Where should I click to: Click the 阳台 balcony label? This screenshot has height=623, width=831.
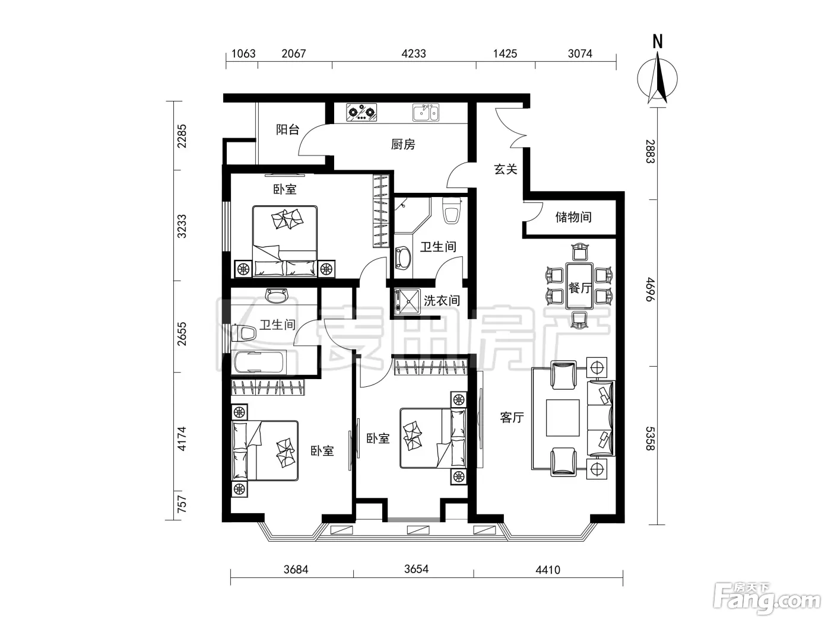[x=287, y=130]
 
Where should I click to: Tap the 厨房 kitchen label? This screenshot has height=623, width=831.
[x=403, y=144]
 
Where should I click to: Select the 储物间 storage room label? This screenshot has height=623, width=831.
[x=573, y=217]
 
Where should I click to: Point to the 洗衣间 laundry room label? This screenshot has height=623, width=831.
[x=442, y=301]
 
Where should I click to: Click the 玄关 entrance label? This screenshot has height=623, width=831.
[x=505, y=169]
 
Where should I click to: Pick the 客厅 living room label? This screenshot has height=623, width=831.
[x=512, y=418]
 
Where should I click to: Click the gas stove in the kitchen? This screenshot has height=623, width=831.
[x=361, y=112]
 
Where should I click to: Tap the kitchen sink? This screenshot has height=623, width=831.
[x=426, y=112]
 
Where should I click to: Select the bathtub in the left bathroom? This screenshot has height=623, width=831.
[x=260, y=362]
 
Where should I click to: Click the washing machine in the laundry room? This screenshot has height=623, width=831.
[x=407, y=301]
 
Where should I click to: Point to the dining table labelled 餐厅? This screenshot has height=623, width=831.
[x=579, y=287]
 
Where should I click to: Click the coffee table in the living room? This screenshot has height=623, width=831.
[x=563, y=418]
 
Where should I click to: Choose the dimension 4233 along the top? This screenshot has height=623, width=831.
[x=413, y=54]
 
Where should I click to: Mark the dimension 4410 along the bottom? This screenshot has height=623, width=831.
[x=548, y=570]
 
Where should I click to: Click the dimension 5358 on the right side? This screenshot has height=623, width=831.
[x=649, y=439]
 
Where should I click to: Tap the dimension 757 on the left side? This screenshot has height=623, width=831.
[x=182, y=504]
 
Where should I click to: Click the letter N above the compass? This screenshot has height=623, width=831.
[x=658, y=42]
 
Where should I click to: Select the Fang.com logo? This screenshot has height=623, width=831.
[x=767, y=602]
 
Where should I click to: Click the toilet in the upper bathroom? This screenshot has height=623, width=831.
[x=452, y=210]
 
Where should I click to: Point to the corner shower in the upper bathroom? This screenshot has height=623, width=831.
[x=411, y=215]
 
